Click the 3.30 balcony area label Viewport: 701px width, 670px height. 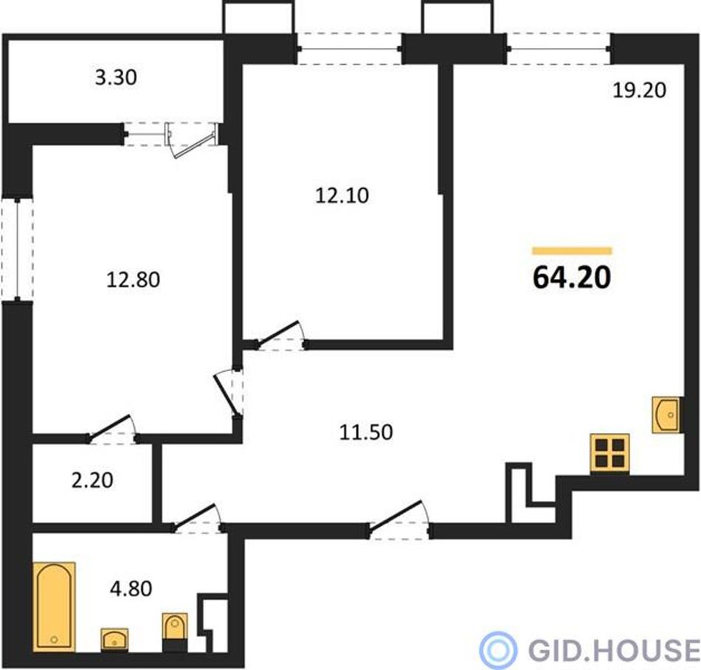(117, 77)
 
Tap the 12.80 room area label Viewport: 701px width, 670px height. (134, 280)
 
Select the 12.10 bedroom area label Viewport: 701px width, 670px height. (342, 196)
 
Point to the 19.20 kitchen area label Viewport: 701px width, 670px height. (639, 91)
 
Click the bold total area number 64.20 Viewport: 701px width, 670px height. (572, 277)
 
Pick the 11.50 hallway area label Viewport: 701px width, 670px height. (366, 432)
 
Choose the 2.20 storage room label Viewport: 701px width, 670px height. (92, 480)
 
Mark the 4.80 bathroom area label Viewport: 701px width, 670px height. (131, 589)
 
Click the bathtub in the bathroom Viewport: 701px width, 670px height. (55, 607)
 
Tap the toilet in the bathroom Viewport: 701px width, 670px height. (175, 632)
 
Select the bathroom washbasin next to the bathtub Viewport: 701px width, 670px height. (114, 640)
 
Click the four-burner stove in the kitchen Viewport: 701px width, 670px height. (610, 453)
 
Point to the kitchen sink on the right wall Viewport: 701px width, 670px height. (666, 415)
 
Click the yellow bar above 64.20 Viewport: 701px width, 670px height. (572, 251)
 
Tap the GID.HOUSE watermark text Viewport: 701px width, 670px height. (613, 649)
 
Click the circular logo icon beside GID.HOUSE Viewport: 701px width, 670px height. (498, 649)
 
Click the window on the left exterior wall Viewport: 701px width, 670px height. (17, 249)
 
